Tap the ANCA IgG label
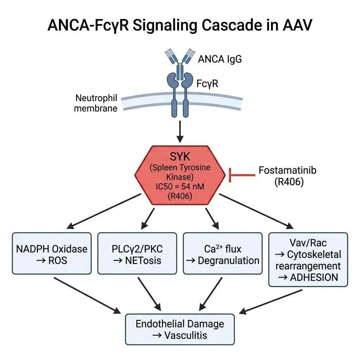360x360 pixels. [220, 59]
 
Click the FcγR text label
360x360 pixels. [207, 83]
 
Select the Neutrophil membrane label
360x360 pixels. [96, 103]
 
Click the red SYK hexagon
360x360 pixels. [180, 175]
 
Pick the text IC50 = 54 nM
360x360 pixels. [180, 186]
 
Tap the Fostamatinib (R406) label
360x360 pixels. [288, 176]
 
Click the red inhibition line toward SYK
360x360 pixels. [242, 175]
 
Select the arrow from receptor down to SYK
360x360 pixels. [180, 131]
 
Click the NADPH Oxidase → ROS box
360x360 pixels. [52, 253]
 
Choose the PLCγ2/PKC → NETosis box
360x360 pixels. [137, 253]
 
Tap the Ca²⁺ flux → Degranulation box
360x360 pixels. [223, 253]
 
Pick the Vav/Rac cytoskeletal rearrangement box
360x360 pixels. [308, 260]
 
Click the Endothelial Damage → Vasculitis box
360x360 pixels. [180, 329]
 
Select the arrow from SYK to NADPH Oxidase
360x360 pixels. [104, 211]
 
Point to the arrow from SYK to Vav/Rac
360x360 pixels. [256, 211]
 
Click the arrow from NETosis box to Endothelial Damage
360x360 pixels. [149, 294]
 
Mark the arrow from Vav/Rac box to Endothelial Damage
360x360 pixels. [271, 302]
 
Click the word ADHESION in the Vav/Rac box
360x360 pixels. [314, 277]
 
